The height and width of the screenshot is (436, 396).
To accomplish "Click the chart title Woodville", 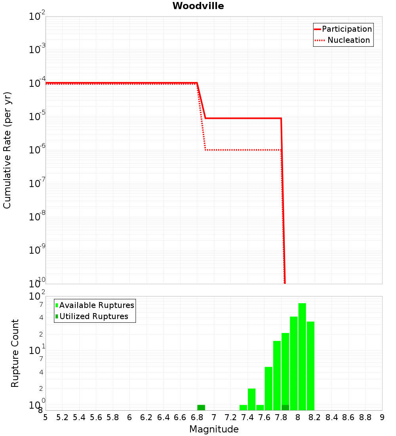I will (x=198, y=6).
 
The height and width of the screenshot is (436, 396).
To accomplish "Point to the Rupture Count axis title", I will (x=15, y=353).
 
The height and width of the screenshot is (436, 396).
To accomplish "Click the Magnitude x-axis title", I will (x=214, y=429).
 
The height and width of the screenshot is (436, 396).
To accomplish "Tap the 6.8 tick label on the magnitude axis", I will (x=197, y=417).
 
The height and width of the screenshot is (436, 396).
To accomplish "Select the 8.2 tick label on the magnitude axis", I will (x=315, y=417).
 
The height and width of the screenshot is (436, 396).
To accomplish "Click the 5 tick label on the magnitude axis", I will (x=46, y=417).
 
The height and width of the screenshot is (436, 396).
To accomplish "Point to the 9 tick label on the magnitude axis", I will (x=382, y=417).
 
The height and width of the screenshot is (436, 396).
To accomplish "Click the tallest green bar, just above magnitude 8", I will (x=302, y=357).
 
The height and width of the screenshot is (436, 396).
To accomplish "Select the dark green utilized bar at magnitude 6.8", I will (x=201, y=407).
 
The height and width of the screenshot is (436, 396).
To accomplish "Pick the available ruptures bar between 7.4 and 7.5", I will (x=251, y=399).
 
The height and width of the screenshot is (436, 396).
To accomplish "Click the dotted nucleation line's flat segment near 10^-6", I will (x=242, y=150).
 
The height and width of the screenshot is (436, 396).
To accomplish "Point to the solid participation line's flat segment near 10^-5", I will (x=242, y=118).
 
